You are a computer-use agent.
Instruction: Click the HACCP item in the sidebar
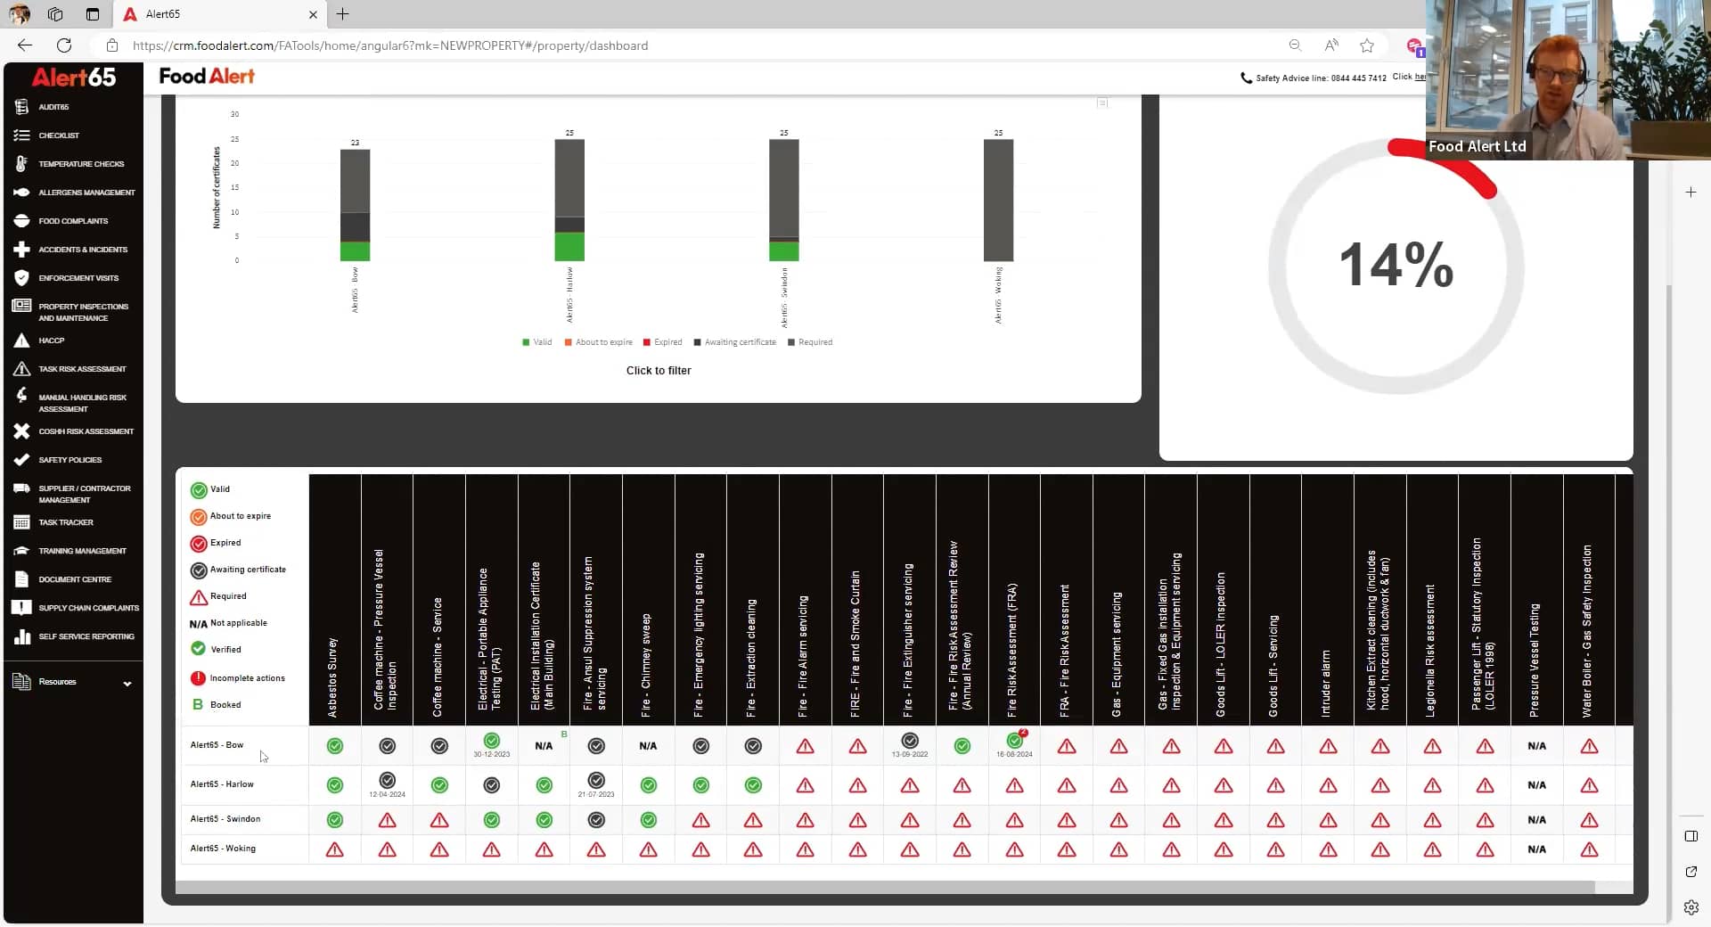[51, 340]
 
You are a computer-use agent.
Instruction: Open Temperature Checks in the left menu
[80, 164]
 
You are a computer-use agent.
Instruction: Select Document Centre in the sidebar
[74, 579]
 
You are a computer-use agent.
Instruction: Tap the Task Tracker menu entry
[65, 522]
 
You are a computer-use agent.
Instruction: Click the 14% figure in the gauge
[1396, 265]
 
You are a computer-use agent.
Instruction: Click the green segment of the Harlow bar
[569, 247]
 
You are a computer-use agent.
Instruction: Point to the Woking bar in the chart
[998, 201]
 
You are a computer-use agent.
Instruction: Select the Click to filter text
[659, 371]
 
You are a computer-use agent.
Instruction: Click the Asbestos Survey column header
[333, 677]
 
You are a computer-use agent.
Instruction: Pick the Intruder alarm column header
[1326, 683]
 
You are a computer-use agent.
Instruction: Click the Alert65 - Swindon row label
[225, 819]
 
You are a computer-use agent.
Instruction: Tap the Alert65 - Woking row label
[223, 849]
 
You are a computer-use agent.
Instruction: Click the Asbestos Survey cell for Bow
[335, 746]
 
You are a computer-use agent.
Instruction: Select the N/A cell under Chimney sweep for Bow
[648, 746]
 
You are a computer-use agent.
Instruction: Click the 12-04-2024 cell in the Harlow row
[387, 785]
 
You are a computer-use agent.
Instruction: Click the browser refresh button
[64, 45]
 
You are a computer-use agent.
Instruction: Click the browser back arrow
[25, 45]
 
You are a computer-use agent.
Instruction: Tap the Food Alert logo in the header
[207, 77]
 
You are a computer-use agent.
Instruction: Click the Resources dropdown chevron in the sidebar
[127, 684]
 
